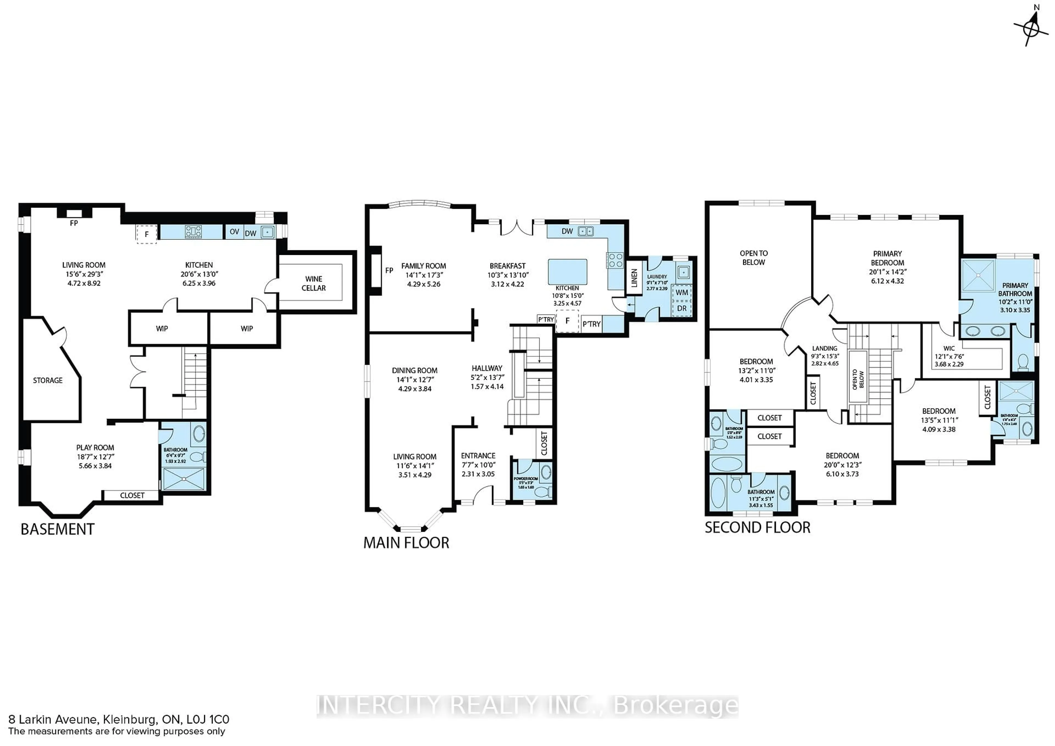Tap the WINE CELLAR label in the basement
point(313,283)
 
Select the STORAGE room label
point(48,380)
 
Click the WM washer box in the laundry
point(682,293)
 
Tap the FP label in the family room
point(389,271)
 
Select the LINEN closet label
point(634,278)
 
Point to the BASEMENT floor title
point(57,529)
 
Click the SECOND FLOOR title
point(757,527)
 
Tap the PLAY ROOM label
point(95,447)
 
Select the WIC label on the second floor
point(949,348)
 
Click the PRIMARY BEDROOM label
point(887,258)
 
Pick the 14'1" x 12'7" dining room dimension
point(415,379)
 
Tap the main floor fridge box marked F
point(568,321)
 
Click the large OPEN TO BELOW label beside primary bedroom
point(754,258)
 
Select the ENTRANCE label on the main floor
point(478,456)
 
